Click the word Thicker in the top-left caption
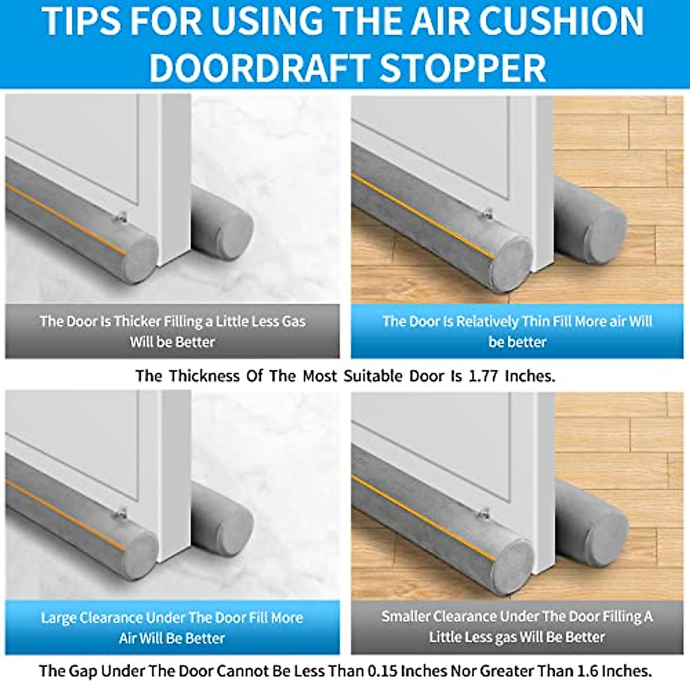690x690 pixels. point(137,321)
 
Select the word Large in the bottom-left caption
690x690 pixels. point(59,618)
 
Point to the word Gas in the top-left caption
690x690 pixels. point(293,321)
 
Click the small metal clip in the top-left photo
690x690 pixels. point(120,217)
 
